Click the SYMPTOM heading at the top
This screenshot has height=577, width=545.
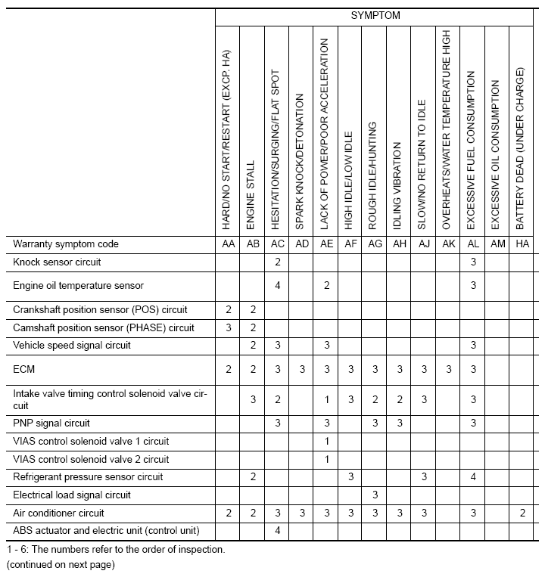[375, 15]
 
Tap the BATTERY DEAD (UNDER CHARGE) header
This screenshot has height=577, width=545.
[521, 149]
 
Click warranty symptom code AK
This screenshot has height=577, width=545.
[447, 244]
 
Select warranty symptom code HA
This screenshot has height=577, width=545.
[522, 244]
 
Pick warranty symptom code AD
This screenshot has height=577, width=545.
[301, 244]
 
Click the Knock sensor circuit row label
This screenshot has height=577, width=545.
[57, 262]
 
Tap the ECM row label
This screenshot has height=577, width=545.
[23, 369]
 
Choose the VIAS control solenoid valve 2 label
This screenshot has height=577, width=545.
[91, 459]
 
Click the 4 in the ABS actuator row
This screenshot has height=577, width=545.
[278, 531]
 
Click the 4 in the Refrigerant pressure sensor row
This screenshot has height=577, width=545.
[472, 477]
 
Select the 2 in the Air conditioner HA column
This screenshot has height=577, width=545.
[522, 513]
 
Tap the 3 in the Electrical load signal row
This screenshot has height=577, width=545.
[375, 495]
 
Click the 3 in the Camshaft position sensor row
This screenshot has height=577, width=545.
[229, 327]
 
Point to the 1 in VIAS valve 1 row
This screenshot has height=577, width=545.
[326, 441]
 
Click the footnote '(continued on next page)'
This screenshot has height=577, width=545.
[60, 564]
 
